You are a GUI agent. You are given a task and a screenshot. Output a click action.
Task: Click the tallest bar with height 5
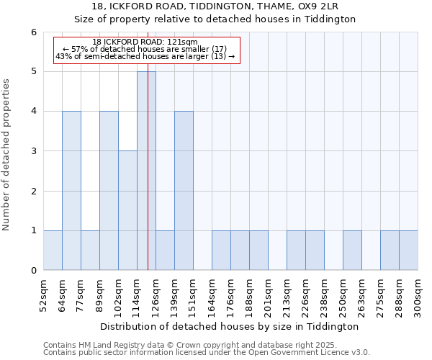click(146, 171)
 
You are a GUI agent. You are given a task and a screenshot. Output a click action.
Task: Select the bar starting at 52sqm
click(53, 251)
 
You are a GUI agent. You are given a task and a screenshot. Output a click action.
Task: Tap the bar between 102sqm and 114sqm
click(127, 210)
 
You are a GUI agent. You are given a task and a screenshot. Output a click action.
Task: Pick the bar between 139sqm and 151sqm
click(184, 191)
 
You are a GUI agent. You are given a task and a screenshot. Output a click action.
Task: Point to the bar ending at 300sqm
click(408, 251)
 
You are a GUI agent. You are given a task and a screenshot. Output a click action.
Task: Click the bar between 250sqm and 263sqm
click(352, 251)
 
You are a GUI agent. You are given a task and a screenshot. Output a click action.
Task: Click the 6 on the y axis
click(33, 32)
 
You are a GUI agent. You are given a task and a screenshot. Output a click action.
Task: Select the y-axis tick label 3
click(33, 151)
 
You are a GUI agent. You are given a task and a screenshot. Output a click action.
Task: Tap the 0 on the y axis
click(33, 271)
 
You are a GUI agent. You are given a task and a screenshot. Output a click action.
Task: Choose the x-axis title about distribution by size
click(230, 326)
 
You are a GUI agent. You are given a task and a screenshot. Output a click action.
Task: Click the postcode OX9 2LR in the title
click(322, 6)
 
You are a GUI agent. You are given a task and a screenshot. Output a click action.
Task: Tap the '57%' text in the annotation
click(80, 50)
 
